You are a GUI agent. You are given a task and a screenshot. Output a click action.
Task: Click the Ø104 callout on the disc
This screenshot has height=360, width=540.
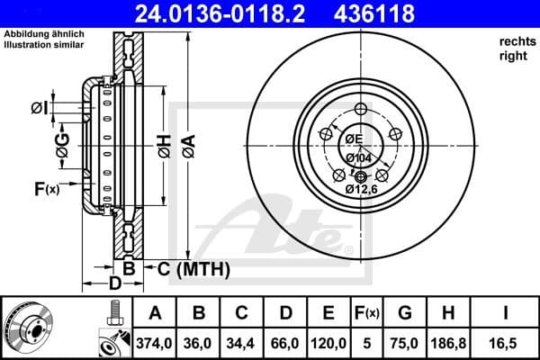click(x=359, y=157)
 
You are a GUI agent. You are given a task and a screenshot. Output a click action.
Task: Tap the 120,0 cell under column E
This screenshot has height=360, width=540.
click(x=328, y=344)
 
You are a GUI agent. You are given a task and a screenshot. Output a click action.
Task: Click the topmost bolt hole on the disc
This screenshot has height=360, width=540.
click(x=361, y=109)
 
